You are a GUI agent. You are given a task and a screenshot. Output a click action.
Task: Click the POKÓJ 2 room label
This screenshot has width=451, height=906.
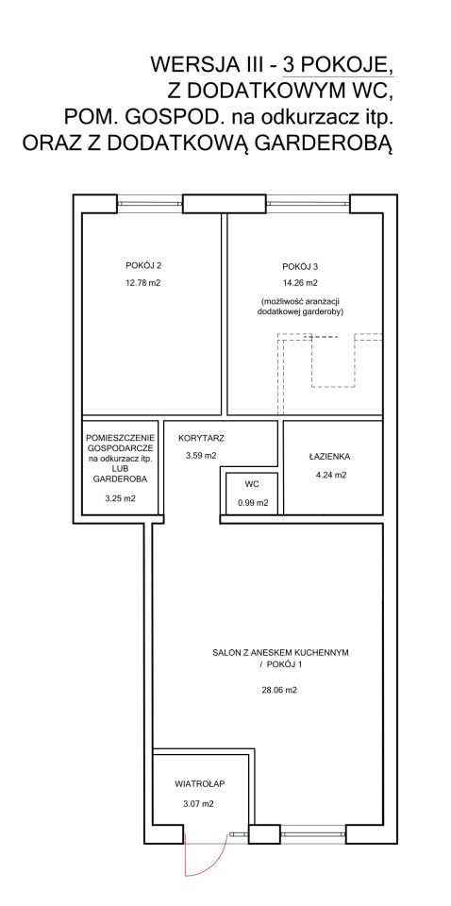142,266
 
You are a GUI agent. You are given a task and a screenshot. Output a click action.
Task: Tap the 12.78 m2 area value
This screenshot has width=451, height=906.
142,283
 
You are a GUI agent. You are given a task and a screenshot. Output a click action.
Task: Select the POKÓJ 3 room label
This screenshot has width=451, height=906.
300,267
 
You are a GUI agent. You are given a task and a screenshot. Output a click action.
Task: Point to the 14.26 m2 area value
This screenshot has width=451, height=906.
300,283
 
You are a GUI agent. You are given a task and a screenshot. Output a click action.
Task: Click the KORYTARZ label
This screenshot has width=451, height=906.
201,438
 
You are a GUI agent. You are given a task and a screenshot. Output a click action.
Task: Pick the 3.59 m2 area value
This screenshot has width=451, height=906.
201,455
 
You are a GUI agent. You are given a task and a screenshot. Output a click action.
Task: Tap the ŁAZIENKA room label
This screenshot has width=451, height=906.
329,457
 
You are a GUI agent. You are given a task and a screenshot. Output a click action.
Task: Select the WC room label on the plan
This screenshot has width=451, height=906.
252,484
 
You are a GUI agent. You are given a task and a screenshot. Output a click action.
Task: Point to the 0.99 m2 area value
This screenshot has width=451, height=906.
253,503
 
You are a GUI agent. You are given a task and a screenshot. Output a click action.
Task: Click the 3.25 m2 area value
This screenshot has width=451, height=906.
120,499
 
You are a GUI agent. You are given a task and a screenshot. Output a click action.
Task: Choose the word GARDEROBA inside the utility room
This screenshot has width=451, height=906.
120,479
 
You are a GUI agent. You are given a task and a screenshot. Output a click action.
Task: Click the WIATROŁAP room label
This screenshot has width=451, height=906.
199,784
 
